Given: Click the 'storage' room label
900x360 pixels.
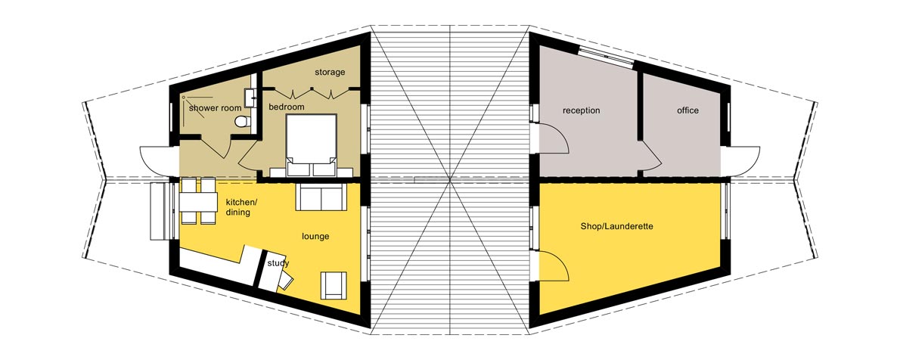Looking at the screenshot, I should click(330, 73).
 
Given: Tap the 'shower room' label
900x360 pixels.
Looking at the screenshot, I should click(215, 108).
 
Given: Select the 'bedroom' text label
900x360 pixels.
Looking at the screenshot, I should click(287, 107).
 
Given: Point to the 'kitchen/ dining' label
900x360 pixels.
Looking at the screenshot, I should click(242, 207).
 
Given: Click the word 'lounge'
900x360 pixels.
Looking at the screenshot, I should click(315, 236).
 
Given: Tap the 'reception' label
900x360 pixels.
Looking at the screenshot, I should click(581, 110).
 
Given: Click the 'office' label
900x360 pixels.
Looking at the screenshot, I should click(687, 110).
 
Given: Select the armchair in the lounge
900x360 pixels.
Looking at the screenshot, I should click(334, 284).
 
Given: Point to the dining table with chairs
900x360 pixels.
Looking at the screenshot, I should click(198, 200).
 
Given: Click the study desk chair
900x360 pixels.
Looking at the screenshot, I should click(286, 280).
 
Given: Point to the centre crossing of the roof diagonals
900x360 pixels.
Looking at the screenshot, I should click(451, 180).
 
